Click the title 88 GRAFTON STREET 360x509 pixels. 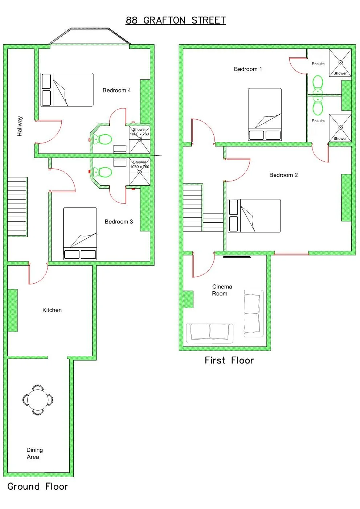[176, 20]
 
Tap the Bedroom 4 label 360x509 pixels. [116, 90]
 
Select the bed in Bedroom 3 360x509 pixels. [80, 233]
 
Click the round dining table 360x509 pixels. [38, 400]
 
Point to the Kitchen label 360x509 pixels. [52, 310]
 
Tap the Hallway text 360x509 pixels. [20, 126]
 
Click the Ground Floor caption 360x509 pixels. [38, 487]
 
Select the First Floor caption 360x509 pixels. [229, 360]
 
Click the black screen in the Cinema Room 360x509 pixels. [237, 257]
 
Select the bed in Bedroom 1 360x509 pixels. [265, 114]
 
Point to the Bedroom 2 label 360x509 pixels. [283, 175]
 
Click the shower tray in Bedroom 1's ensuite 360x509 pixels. [340, 63]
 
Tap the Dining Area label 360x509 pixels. [34, 453]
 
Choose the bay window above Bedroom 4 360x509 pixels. [89, 36]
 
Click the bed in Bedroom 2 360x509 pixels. [254, 215]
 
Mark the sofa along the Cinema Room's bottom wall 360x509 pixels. [209, 333]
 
